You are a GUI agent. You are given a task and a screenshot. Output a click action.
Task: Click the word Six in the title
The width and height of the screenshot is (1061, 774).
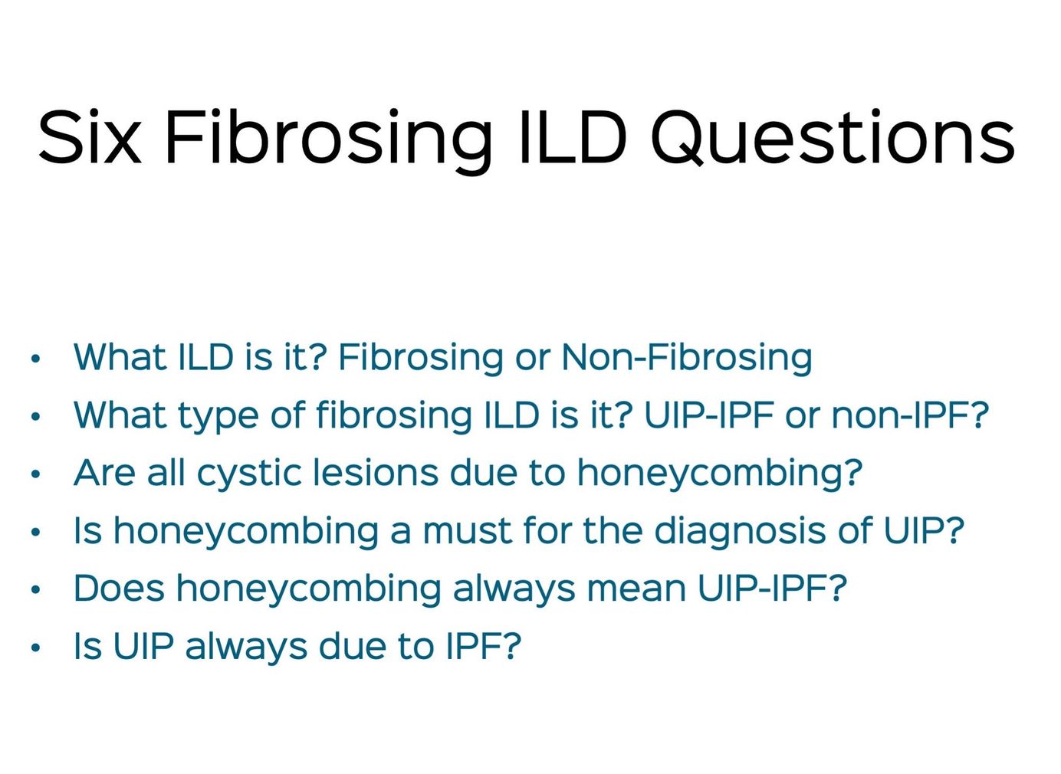pos(90,137)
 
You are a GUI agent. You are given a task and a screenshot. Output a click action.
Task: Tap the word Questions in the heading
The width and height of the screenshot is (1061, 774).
pos(833,138)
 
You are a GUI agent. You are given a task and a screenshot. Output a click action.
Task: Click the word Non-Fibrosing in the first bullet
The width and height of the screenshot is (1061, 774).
pos(686,358)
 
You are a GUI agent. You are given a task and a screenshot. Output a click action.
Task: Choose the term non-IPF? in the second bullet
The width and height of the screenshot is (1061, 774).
pos(910,415)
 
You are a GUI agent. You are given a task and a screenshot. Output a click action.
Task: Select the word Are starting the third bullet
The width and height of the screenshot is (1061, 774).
pos(105,473)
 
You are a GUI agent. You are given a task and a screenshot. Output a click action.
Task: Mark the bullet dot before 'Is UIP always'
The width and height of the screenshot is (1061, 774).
pos(35,648)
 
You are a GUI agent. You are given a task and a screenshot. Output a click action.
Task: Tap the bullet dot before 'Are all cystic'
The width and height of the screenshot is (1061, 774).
pos(35,474)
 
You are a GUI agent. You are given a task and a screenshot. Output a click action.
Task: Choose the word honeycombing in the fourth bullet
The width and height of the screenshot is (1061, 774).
pos(246,532)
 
